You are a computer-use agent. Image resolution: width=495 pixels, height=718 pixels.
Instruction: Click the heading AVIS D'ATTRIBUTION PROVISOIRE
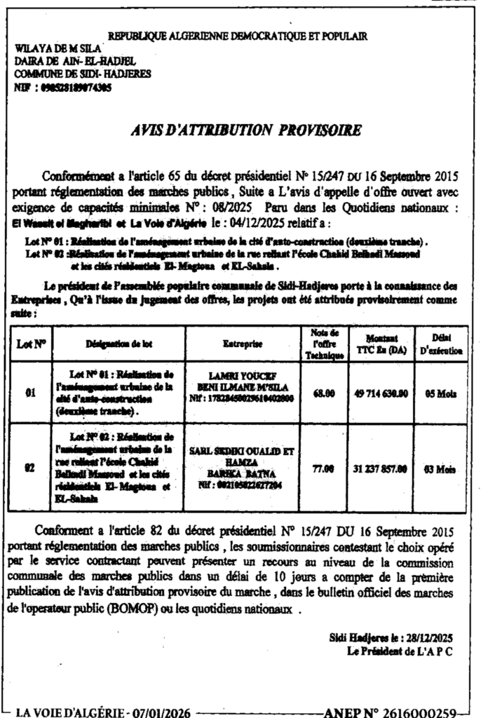tap(246, 130)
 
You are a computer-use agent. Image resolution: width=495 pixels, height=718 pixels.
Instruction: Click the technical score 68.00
tap(323, 393)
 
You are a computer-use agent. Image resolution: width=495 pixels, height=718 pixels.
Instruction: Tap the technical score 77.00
tap(323, 469)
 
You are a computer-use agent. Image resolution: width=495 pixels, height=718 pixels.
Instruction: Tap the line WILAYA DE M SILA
tap(58, 48)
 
